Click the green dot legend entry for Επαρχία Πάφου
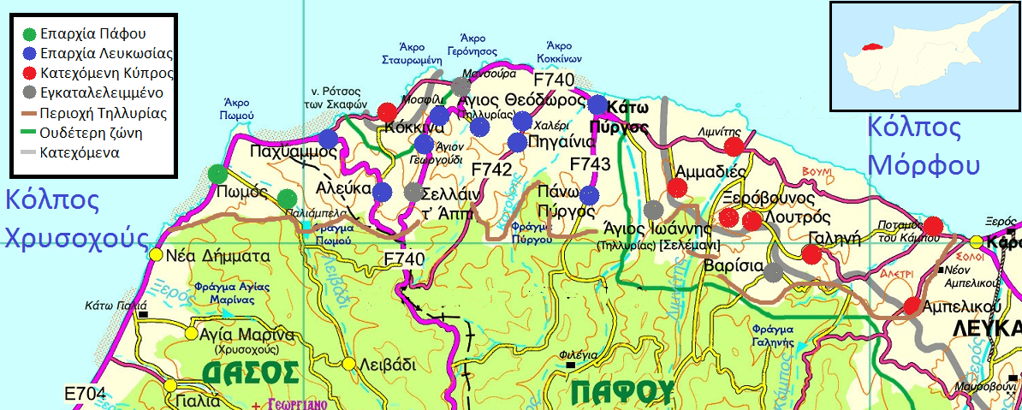(30, 35)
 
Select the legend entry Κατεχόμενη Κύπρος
(30, 73)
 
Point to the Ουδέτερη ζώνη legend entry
(30, 134)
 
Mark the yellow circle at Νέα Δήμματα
(156, 254)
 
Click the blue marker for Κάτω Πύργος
(597, 105)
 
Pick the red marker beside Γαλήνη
(810, 254)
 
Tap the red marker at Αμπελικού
(912, 306)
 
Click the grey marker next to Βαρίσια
(774, 272)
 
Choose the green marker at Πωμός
(217, 175)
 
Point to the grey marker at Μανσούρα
(461, 86)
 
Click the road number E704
(86, 394)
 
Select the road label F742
(491, 169)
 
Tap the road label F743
(590, 163)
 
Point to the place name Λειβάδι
(385, 364)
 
